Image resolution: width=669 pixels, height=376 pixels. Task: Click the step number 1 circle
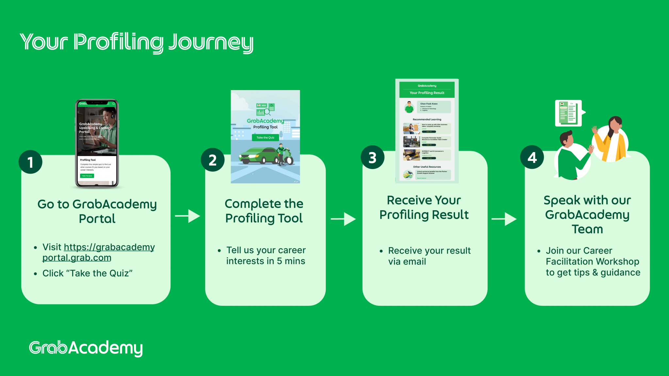pos(30,162)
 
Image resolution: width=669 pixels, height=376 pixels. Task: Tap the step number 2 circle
pos(213,160)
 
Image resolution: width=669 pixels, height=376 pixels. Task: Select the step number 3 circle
pos(372,157)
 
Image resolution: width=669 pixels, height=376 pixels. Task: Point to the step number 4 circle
pos(532,157)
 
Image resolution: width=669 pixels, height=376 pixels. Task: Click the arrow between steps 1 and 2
pos(188,216)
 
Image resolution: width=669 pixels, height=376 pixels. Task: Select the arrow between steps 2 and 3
pos(343,219)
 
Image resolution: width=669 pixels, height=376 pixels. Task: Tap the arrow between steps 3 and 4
pos(504,219)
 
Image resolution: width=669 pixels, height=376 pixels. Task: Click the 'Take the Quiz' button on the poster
pos(265,138)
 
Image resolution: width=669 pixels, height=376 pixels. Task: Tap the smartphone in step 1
pos(97,144)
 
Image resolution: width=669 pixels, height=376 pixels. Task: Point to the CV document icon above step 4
pos(568,113)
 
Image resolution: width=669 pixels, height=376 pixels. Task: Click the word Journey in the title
pos(211,42)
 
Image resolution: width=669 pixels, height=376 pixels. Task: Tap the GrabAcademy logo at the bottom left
pos(86,348)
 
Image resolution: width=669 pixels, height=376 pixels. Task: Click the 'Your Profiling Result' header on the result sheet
pos(427,93)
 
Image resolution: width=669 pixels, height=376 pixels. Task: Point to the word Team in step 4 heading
pos(587,229)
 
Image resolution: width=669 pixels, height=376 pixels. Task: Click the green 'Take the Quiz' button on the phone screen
pos(87,176)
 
